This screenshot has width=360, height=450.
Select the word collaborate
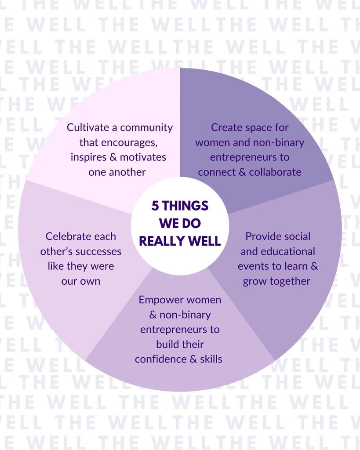[x=275, y=172]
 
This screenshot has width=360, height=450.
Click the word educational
[x=287, y=251]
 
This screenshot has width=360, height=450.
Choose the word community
[x=146, y=127]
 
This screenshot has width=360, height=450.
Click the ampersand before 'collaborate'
[x=242, y=172]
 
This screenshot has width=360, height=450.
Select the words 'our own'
[x=81, y=281]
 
